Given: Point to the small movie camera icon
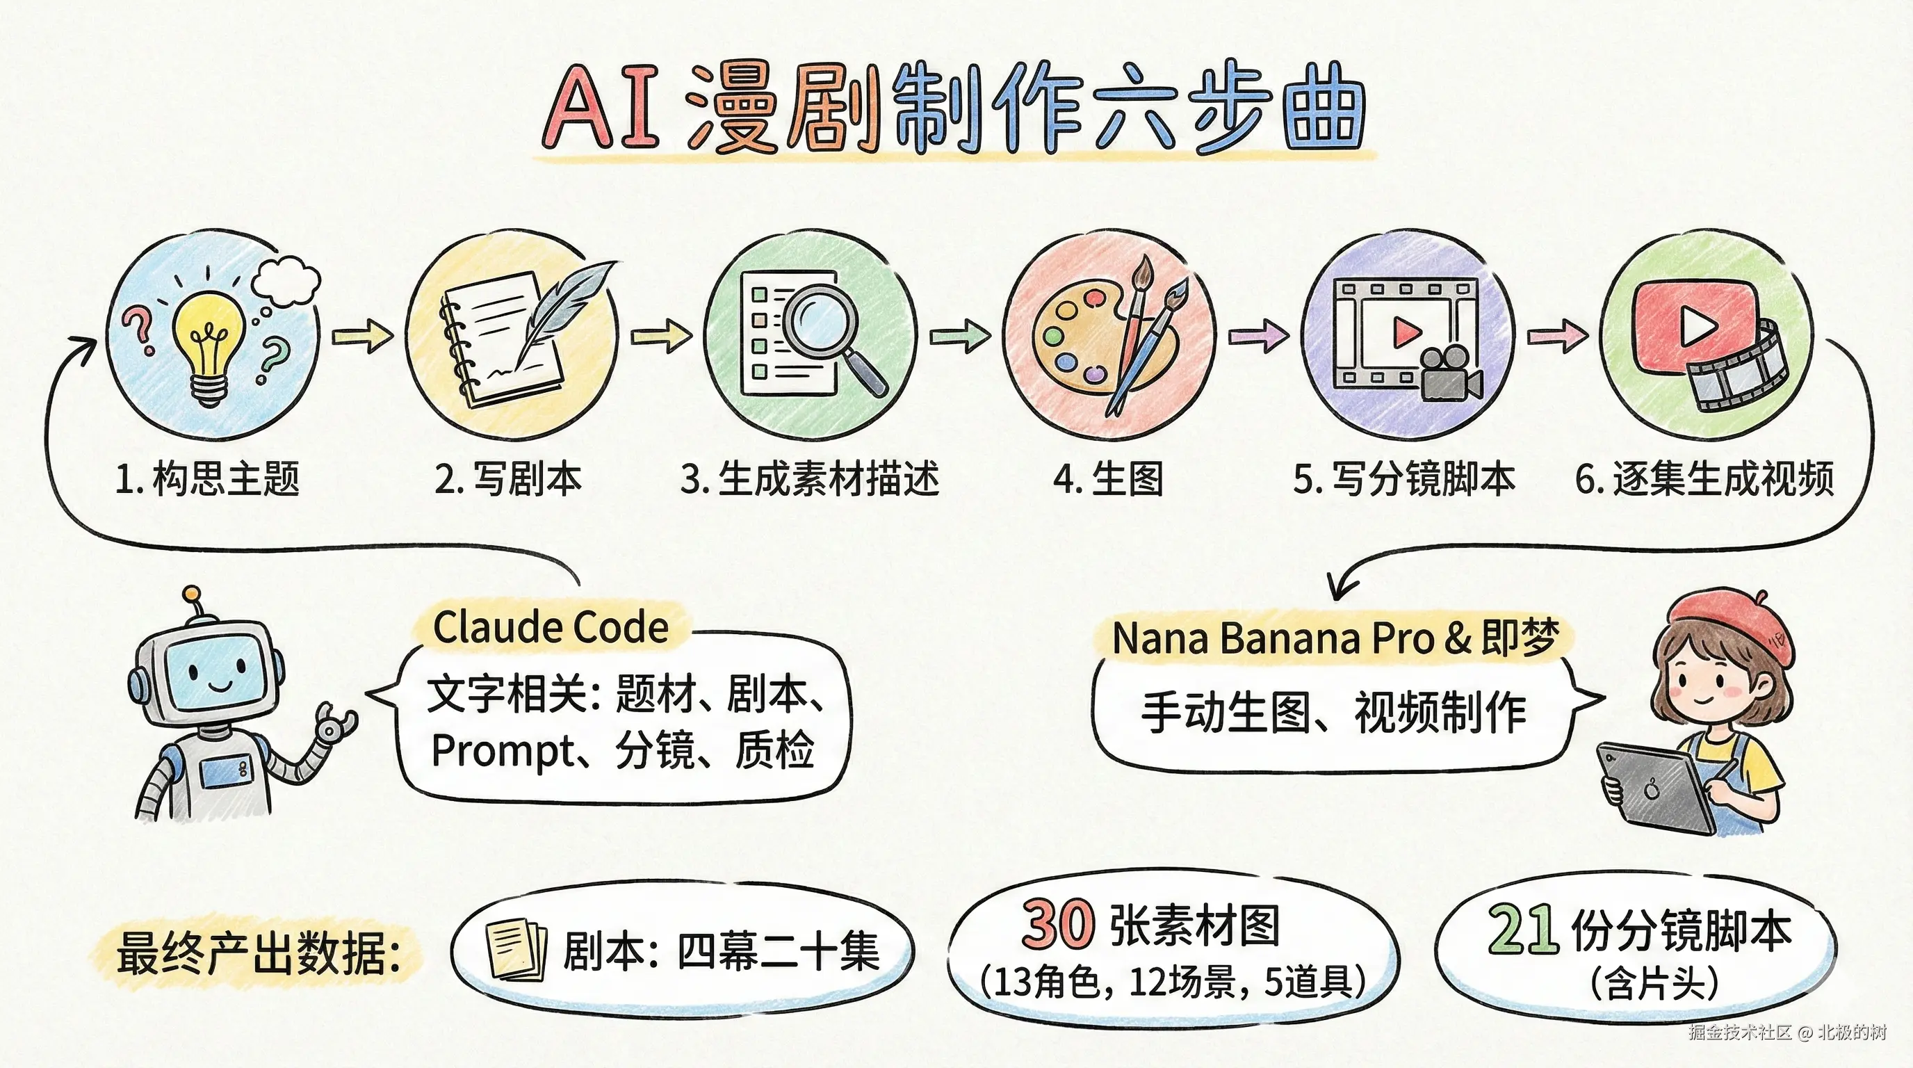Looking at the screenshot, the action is [1448, 375].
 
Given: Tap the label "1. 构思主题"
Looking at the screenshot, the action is [207, 478].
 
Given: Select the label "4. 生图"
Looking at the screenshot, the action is [1108, 478].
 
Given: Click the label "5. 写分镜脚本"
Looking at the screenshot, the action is [1403, 478].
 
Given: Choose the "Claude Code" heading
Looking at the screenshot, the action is [551, 628].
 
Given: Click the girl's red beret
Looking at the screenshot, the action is [1730, 624].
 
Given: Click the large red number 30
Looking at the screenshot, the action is [1057, 924].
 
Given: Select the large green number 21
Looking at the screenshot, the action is [1522, 928].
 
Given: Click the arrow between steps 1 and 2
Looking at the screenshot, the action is [362, 337].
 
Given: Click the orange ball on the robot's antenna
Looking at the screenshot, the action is [192, 594].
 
